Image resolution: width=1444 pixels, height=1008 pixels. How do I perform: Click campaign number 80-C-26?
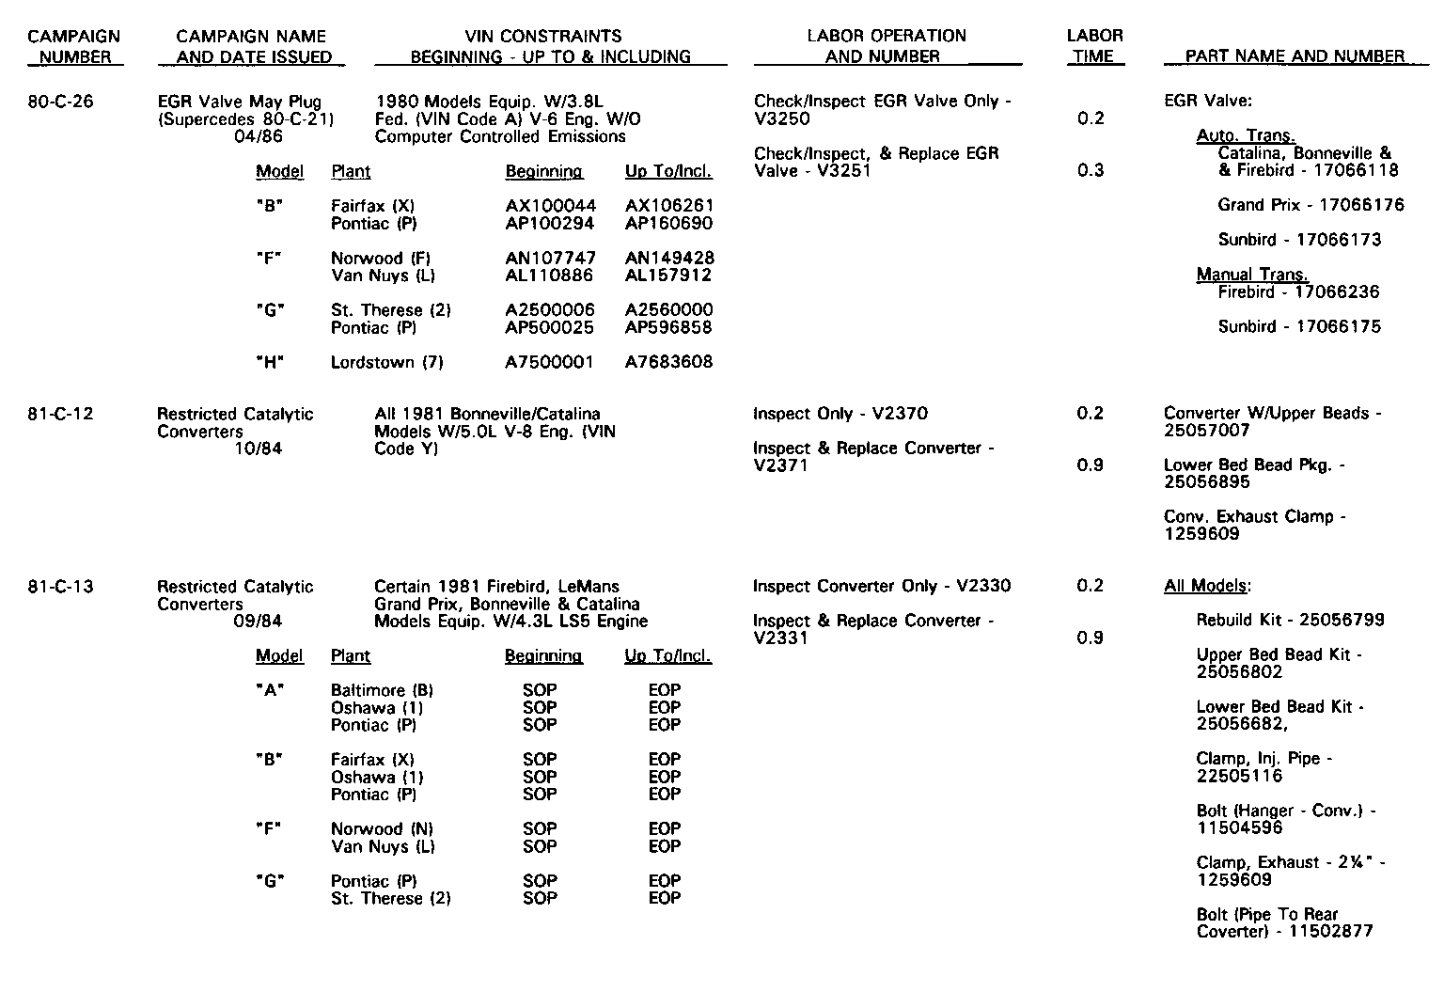61,102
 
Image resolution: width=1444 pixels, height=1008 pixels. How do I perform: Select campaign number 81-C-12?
61,414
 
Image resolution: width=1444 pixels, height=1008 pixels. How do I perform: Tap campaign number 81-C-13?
61,587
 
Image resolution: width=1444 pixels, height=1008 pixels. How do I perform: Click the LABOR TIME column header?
1094,46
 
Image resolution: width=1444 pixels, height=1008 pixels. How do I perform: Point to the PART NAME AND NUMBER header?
1295,56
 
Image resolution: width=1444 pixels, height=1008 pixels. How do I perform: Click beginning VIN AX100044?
550,206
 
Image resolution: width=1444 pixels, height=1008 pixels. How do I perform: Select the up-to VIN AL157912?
668,276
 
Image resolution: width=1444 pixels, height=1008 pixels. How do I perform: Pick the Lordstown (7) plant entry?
386,362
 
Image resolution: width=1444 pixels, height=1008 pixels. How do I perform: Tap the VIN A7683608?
668,362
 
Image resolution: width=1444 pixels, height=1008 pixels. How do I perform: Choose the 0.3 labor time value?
1091,170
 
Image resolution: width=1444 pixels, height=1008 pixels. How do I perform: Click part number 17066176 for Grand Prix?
1361,205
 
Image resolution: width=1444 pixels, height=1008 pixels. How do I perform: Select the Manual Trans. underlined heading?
1252,275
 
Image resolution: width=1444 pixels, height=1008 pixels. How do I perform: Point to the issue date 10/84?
258,449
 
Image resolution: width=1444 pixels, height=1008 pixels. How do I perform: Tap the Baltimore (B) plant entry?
382,690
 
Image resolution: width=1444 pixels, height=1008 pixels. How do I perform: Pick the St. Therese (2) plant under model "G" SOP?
390,899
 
